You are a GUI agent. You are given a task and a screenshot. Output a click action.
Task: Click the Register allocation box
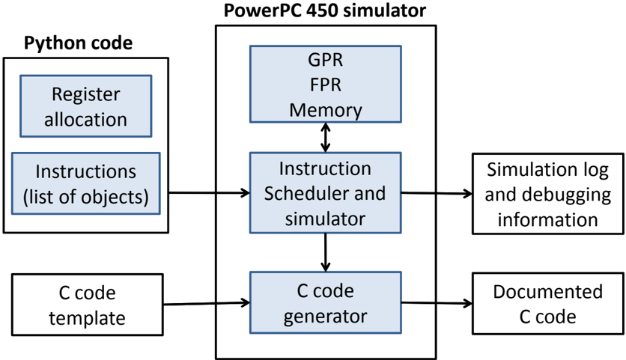pos(86,106)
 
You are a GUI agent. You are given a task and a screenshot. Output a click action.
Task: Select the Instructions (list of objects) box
pos(86,183)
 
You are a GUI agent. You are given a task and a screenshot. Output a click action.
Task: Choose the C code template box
pos(86,304)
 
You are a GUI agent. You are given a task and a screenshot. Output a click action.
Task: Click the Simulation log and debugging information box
pos(547,193)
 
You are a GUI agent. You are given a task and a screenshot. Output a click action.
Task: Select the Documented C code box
pos(547,302)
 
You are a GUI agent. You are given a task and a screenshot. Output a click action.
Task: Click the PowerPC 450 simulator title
pos(325,11)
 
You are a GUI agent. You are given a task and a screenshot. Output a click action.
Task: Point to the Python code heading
pos(79,43)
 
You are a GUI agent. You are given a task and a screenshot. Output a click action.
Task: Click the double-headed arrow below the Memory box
pos(325,137)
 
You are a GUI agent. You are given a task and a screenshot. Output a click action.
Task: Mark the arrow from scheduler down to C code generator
pos(325,253)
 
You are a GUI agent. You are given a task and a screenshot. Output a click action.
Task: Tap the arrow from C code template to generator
pos(206,303)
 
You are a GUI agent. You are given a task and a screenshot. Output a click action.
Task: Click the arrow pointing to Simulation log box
pos(437,193)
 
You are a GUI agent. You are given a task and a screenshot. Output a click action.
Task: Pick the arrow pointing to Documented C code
pos(437,302)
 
